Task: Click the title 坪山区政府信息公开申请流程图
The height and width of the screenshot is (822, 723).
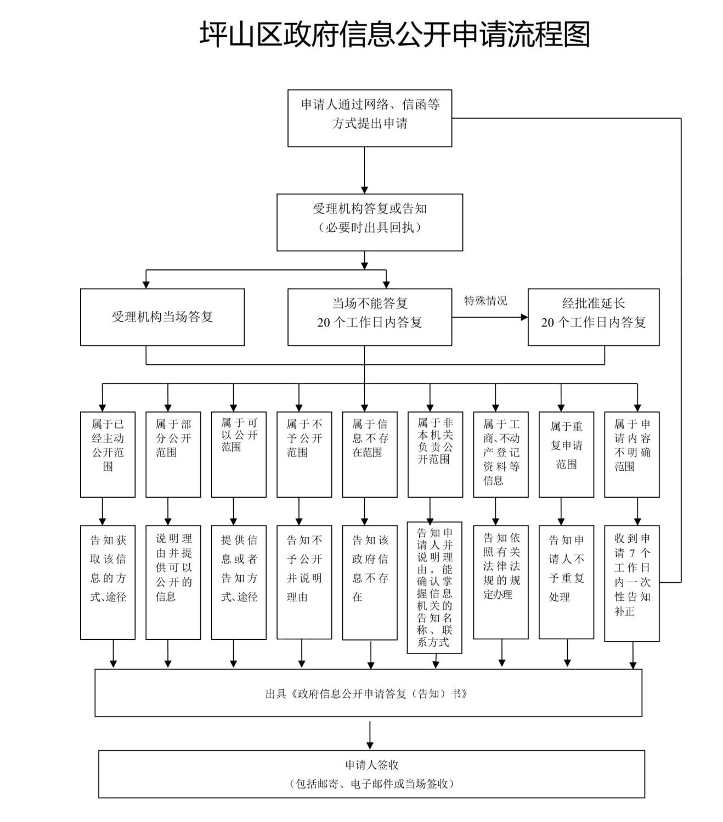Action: [x=394, y=34]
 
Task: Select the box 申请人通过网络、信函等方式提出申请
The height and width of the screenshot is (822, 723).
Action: [x=370, y=118]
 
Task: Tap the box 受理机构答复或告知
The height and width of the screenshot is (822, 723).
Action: [x=370, y=222]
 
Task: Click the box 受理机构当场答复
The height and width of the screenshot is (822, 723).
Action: [x=162, y=317]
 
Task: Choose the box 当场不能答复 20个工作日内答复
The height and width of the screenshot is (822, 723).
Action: [x=370, y=317]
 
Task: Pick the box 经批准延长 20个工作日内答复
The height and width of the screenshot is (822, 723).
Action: [x=594, y=317]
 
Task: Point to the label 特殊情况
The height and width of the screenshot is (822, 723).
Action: [x=485, y=301]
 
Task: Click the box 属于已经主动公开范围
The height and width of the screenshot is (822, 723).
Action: [x=108, y=454]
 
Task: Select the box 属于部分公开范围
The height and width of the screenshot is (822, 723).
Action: [x=173, y=454]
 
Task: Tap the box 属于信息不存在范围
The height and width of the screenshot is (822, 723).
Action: [x=370, y=454]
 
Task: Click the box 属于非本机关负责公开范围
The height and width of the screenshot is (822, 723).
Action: [x=435, y=454]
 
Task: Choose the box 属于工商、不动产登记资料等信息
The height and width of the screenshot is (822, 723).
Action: [x=501, y=454]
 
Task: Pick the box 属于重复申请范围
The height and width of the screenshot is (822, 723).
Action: [x=566, y=454]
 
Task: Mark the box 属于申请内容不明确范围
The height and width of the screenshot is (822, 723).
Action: [x=632, y=454]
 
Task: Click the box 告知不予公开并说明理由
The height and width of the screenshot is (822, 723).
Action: [x=304, y=582]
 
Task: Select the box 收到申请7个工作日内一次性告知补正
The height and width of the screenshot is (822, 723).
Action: [x=632, y=583]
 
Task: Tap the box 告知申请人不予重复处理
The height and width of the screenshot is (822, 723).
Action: [x=566, y=582]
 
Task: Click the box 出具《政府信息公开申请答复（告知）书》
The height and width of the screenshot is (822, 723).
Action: [x=368, y=693]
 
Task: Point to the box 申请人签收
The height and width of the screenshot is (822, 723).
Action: [x=371, y=774]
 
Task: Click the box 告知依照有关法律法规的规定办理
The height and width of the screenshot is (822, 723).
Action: [x=501, y=582]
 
